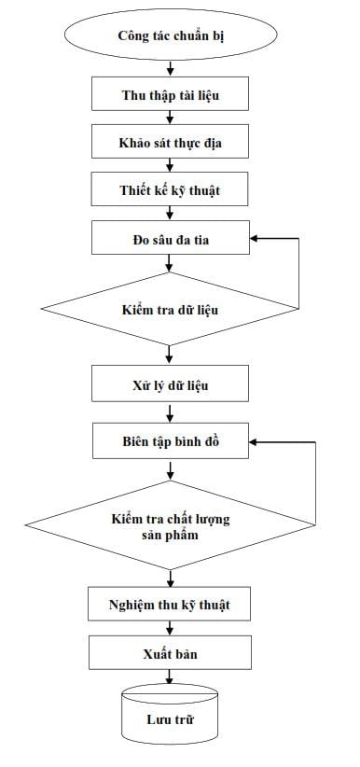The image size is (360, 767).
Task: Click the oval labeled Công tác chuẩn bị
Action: pyautogui.click(x=171, y=35)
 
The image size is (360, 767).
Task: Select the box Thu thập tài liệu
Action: pyautogui.click(x=171, y=94)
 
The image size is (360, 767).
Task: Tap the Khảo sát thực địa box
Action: pyautogui.click(x=171, y=142)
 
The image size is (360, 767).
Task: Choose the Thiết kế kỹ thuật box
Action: pyautogui.click(x=171, y=188)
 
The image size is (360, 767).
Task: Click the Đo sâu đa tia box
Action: pyautogui.click(x=171, y=238)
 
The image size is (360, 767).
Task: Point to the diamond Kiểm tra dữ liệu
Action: pyautogui.click(x=170, y=309)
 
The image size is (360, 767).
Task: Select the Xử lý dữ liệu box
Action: pyautogui.click(x=171, y=385)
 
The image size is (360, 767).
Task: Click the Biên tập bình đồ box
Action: pyautogui.click(x=171, y=441)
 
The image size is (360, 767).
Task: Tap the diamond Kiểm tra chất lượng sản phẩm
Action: pyautogui.click(x=171, y=525)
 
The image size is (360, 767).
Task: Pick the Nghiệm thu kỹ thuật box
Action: pyautogui.click(x=169, y=605)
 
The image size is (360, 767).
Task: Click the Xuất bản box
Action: pyautogui.click(x=171, y=652)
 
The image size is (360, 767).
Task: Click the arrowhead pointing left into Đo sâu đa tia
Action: pyautogui.click(x=254, y=238)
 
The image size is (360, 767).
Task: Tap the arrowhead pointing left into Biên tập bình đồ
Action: pyautogui.click(x=254, y=441)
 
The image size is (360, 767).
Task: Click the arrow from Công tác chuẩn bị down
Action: pyautogui.click(x=171, y=68)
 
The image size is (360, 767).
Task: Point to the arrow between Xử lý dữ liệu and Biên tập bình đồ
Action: pyautogui.click(x=171, y=413)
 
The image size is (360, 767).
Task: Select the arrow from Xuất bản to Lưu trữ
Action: pyautogui.click(x=170, y=676)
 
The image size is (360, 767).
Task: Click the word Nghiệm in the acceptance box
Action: pyautogui.click(x=126, y=606)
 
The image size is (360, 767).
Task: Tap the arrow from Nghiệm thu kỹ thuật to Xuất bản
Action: pyautogui.click(x=170, y=629)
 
